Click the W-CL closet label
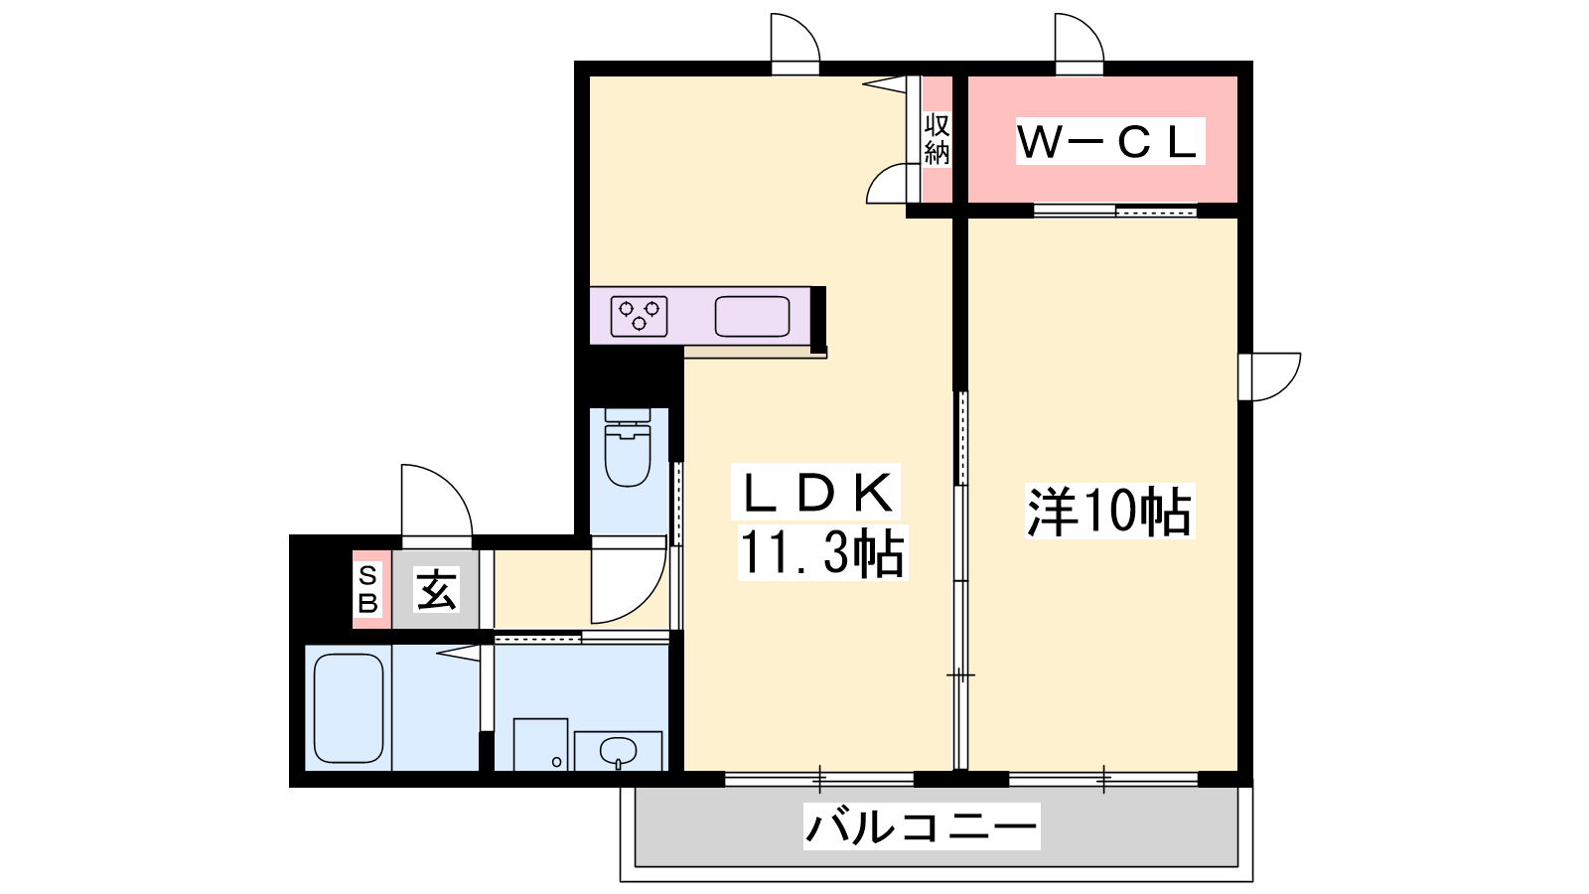click(x=1110, y=141)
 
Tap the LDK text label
click(x=816, y=493)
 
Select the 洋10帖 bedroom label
click(x=1109, y=511)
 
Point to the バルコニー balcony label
click(x=922, y=825)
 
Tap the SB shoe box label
click(x=367, y=589)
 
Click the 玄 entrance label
click(x=436, y=589)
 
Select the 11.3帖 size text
click(x=823, y=553)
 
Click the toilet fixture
click(x=628, y=447)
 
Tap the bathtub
click(x=349, y=708)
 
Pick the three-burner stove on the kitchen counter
click(x=640, y=316)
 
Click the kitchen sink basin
click(x=752, y=317)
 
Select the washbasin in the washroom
click(x=618, y=751)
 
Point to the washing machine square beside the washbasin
click(x=540, y=744)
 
